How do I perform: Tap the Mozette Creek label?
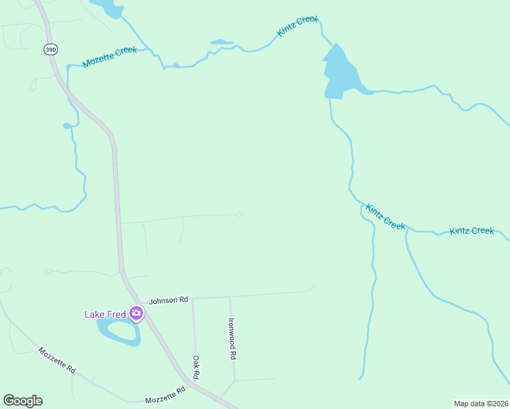109,57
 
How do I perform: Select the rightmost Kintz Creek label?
472,231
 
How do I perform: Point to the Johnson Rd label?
168,300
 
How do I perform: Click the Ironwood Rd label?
232,339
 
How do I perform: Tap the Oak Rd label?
196,368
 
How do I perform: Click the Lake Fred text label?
105,314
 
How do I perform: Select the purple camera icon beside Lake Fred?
136,314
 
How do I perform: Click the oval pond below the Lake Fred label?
119,332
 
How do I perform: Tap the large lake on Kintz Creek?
338,72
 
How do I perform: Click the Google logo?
22,401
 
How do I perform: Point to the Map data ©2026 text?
481,404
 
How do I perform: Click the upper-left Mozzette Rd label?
57,360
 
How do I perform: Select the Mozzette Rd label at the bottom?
165,395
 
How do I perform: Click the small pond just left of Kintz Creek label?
222,42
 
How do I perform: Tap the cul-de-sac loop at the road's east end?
239,214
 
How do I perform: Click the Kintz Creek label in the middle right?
385,217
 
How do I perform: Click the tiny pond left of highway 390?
67,125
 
